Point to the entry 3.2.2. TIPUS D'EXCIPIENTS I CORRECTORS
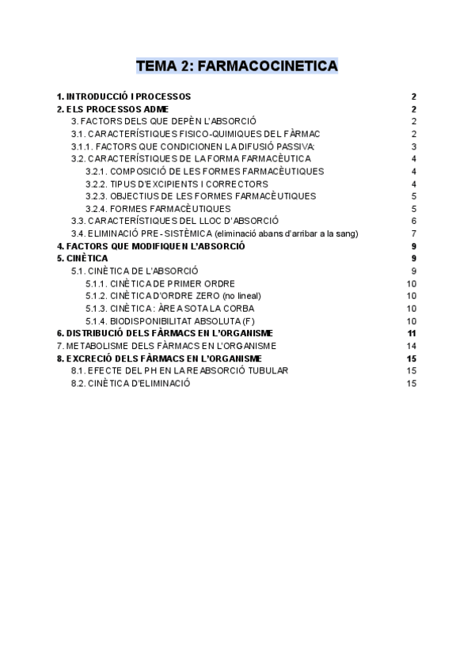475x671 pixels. click(177, 184)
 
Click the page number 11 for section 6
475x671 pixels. click(412, 333)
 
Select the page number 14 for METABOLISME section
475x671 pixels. click(412, 346)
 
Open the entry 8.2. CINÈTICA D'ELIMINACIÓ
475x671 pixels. click(131, 383)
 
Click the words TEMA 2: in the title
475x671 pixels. click(163, 66)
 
